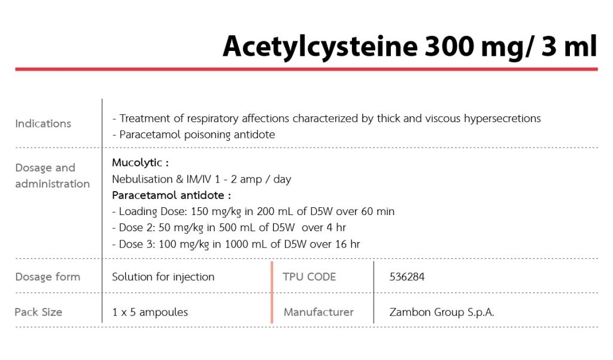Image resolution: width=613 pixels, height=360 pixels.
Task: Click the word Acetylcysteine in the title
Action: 321,47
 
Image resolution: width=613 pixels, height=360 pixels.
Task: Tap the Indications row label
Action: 43,123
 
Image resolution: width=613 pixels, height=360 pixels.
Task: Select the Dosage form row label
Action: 47,277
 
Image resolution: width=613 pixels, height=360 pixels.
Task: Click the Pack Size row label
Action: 38,312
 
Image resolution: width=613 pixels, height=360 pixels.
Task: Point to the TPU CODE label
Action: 309,277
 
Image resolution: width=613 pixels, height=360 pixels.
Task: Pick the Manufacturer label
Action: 318,312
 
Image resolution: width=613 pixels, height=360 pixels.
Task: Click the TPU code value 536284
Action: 407,277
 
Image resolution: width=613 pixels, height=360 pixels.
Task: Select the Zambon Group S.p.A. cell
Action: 442,312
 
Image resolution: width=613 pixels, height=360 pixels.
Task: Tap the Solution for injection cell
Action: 163,277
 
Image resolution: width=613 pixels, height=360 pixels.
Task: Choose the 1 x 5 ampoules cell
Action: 150,312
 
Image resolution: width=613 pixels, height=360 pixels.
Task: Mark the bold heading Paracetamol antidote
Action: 171,195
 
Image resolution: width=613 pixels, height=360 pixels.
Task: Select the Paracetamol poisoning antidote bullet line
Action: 193,135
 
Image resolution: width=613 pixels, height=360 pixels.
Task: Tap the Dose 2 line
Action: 229,228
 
